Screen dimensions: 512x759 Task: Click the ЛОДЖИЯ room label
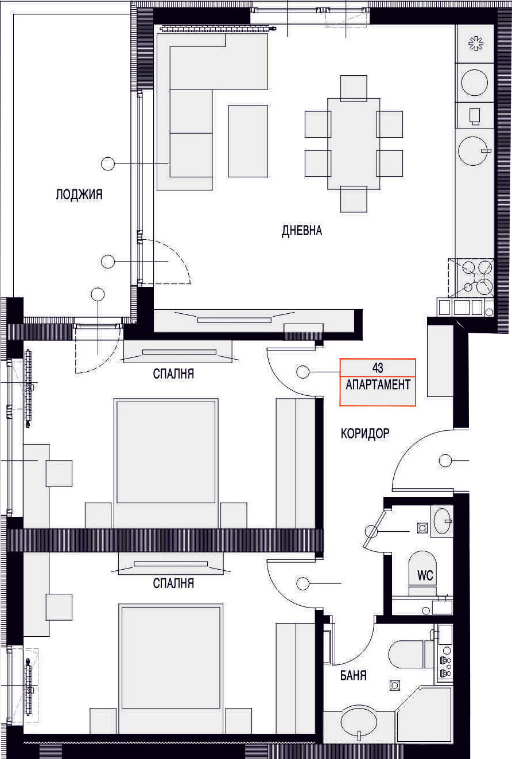pyautogui.click(x=79, y=194)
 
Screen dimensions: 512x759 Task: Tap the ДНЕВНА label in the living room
pyautogui.click(x=302, y=231)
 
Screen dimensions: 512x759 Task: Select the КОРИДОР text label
pyautogui.click(x=365, y=433)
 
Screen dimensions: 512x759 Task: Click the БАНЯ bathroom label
pyautogui.click(x=354, y=675)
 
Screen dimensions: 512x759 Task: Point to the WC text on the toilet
pyautogui.click(x=425, y=575)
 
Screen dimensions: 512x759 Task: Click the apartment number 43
pyautogui.click(x=377, y=367)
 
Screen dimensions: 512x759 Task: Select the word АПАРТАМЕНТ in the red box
pyautogui.click(x=378, y=384)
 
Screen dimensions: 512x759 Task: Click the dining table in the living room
pyautogui.click(x=354, y=143)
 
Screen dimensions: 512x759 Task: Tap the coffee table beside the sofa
pyautogui.click(x=248, y=141)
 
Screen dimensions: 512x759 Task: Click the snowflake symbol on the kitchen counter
pyautogui.click(x=475, y=44)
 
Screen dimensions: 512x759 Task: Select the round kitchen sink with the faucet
pyautogui.click(x=475, y=151)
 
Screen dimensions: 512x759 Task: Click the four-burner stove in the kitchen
pyautogui.click(x=475, y=278)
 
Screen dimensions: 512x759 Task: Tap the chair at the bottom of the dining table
pyautogui.click(x=354, y=200)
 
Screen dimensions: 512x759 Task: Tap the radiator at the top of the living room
pyautogui.click(x=218, y=29)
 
